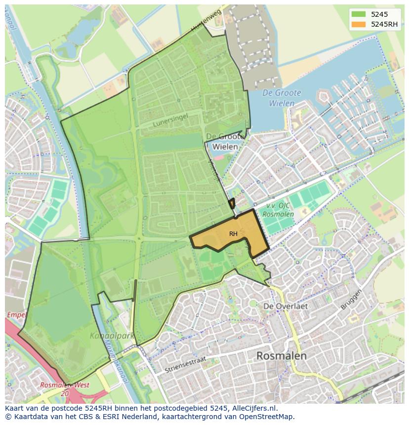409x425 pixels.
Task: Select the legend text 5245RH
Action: (385, 24)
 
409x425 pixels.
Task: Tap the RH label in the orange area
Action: (233, 233)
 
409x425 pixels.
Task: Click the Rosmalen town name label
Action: (282, 355)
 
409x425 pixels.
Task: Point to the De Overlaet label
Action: (286, 306)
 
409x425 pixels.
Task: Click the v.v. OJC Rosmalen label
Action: (277, 210)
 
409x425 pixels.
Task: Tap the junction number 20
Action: (65, 393)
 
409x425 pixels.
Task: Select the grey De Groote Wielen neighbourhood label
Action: (224, 141)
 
